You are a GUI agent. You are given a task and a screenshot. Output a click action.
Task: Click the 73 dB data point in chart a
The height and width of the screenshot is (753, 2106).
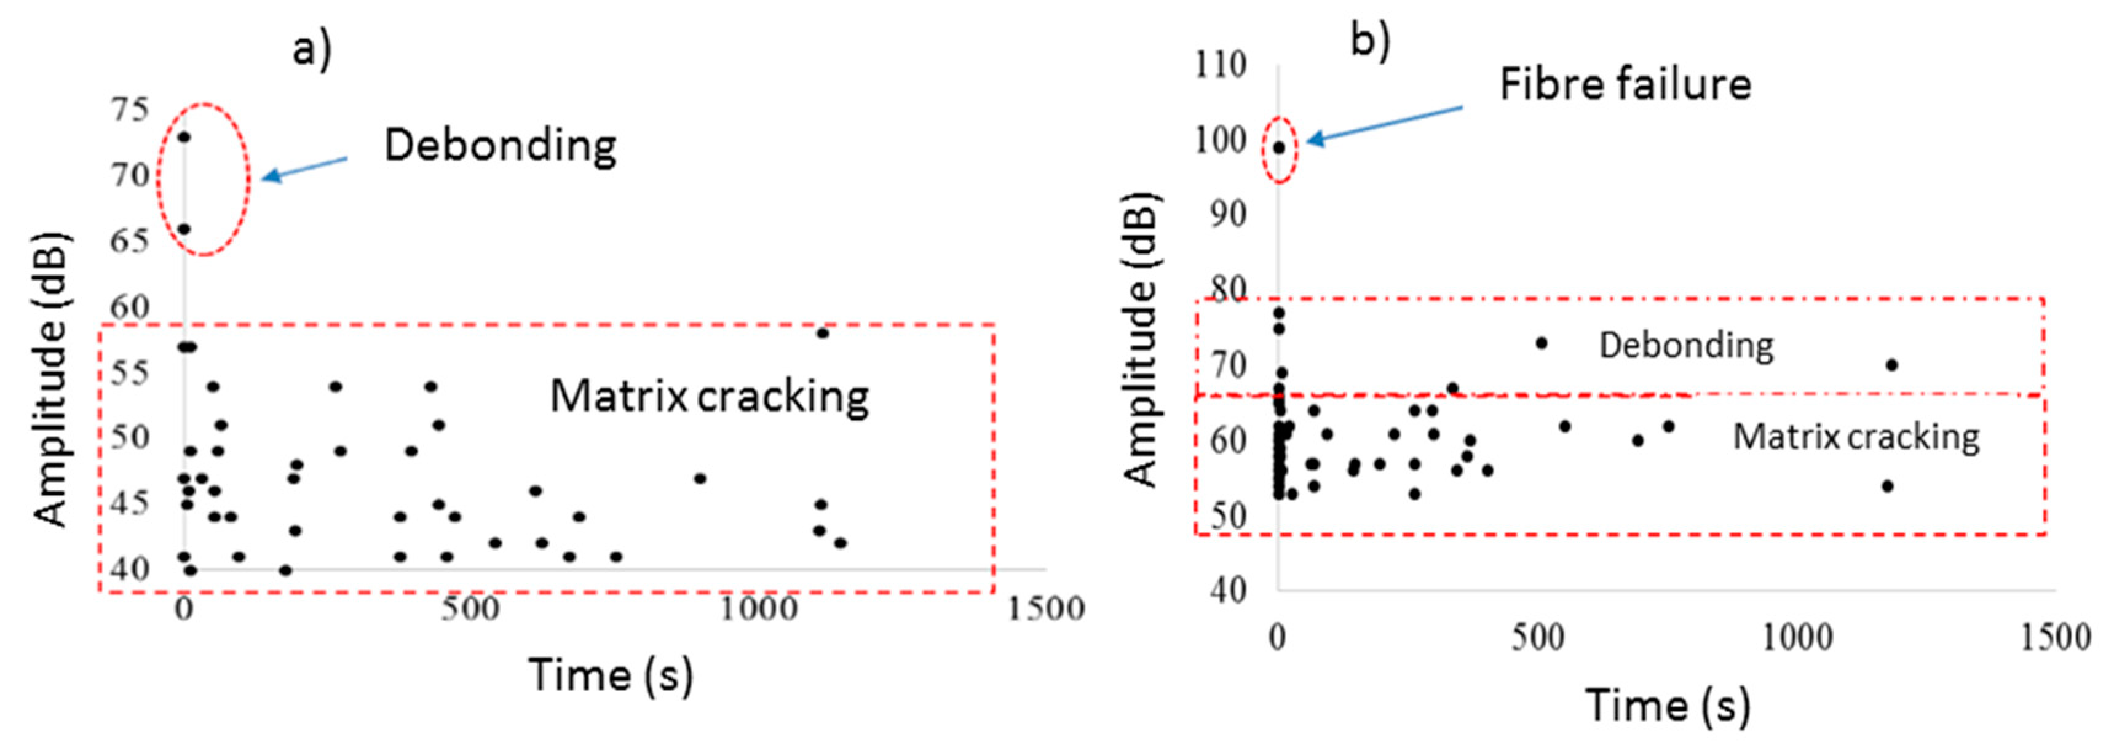point(184,137)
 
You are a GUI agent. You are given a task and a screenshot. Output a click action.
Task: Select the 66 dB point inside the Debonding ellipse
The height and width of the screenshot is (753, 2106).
point(184,229)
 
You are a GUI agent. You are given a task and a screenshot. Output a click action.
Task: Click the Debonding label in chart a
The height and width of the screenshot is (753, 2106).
point(501,146)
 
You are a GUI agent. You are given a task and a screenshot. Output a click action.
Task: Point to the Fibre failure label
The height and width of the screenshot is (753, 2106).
point(1625,84)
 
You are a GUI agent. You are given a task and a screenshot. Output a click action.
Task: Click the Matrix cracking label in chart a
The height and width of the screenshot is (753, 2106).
point(710,397)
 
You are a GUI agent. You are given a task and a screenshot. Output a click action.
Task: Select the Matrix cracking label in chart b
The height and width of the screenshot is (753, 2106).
point(1856,437)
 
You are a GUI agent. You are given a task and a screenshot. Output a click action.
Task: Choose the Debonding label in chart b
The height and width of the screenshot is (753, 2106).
point(1686,345)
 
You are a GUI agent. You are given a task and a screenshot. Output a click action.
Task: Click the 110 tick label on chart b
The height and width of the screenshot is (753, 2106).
point(1220,65)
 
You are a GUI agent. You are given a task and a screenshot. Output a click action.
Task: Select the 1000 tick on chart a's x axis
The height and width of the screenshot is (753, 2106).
point(759,608)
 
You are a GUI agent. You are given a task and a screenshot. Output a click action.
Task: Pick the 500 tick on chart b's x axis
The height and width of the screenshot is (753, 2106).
point(1537,638)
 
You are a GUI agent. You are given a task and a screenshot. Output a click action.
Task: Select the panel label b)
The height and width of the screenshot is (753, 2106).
point(1369,40)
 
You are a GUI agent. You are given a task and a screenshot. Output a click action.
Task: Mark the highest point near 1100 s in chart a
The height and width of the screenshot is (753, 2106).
point(823,333)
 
